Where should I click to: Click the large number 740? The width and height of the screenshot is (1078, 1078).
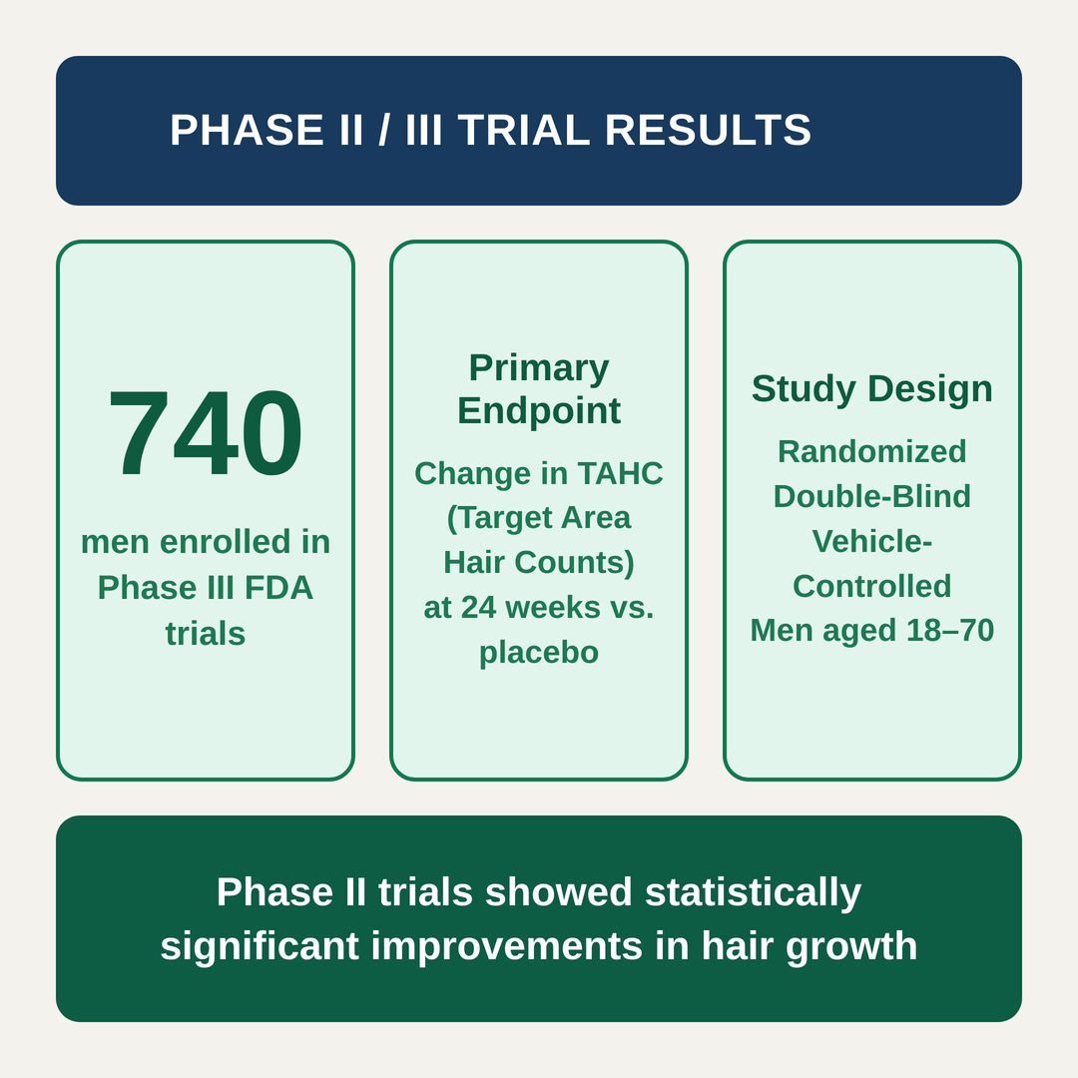(x=205, y=432)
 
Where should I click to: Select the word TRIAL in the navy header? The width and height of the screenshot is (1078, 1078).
(x=524, y=130)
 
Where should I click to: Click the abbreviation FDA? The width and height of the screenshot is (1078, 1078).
(x=278, y=588)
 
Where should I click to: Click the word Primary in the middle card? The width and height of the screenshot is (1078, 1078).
(x=539, y=368)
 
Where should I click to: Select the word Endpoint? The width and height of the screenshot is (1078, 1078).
(x=539, y=411)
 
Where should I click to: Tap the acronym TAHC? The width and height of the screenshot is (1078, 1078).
(x=620, y=474)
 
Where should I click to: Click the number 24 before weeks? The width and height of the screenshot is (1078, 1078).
(x=478, y=608)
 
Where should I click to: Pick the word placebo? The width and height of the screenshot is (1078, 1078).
(x=539, y=653)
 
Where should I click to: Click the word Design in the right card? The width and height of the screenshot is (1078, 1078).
(x=930, y=389)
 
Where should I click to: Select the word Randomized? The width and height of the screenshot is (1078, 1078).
(x=871, y=452)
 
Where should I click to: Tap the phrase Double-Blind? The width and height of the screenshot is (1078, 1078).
(x=871, y=496)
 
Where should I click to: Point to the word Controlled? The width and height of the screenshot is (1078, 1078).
(x=871, y=587)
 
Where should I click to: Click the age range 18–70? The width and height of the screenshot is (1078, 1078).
(x=950, y=631)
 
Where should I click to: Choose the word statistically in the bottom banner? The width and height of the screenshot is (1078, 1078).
(x=753, y=892)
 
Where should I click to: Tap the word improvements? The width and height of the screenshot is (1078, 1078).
(x=507, y=946)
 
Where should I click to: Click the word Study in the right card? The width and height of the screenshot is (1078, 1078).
(x=803, y=389)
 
